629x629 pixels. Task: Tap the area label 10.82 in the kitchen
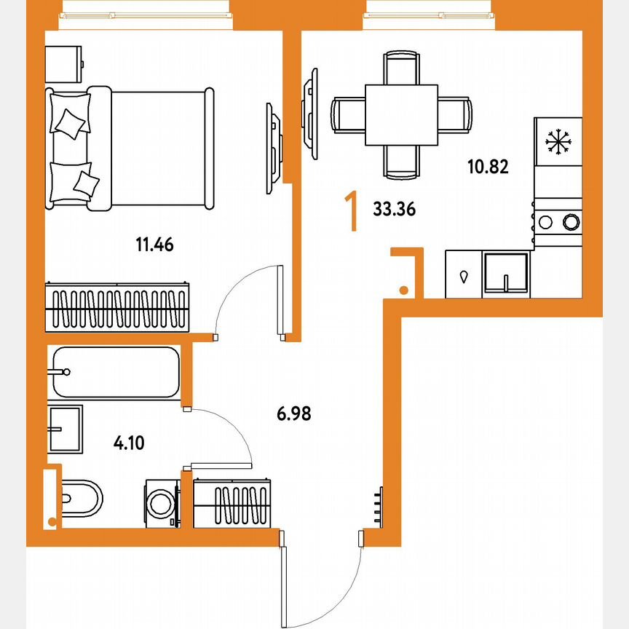coord(487,167)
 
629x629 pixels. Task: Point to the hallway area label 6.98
coord(294,414)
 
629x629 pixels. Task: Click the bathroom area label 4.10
coord(128,442)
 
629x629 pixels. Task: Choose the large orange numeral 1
coord(352,210)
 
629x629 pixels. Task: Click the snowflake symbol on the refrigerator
coord(558,141)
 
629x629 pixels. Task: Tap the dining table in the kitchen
coord(401,115)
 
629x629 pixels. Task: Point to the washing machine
coord(162,502)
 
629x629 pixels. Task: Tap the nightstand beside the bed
coord(64,64)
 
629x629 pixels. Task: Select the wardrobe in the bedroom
coord(117,306)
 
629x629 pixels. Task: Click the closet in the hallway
coord(234,502)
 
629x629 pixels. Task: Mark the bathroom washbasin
coord(66,430)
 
